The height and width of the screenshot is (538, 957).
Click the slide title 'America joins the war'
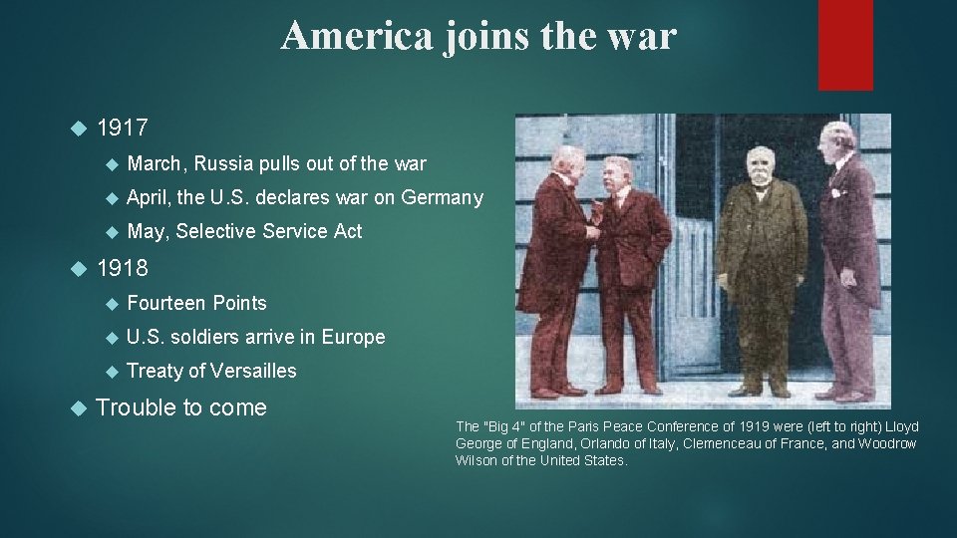coord(478,36)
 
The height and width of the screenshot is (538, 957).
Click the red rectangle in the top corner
coord(845,45)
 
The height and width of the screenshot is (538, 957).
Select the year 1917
coord(123,128)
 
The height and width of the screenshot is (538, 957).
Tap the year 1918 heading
coord(123,267)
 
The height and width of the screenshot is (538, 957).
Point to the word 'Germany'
coord(442,197)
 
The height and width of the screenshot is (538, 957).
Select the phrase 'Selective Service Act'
coord(268,231)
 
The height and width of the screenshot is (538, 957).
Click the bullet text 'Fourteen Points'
coord(197,302)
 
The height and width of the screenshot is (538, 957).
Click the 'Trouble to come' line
coord(181,407)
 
